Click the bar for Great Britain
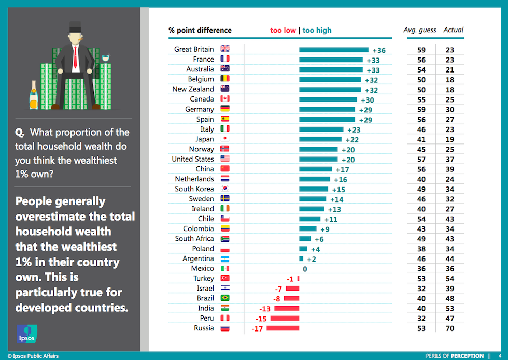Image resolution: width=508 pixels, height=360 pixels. point(334,50)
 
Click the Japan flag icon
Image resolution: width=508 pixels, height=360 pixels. point(225,139)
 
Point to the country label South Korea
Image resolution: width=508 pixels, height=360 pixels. point(194,189)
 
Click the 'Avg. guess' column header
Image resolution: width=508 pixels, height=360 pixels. point(419,30)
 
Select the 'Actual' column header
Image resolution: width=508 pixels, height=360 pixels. point(453,30)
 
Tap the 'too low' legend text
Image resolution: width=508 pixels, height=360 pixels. point(283,31)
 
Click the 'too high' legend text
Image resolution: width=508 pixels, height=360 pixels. point(317,31)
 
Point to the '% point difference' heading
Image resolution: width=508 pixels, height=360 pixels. point(200,31)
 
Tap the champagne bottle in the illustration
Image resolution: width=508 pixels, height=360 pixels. point(34,95)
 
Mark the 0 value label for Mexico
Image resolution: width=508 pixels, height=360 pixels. point(305,269)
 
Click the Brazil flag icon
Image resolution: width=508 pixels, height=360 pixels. point(225,298)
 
